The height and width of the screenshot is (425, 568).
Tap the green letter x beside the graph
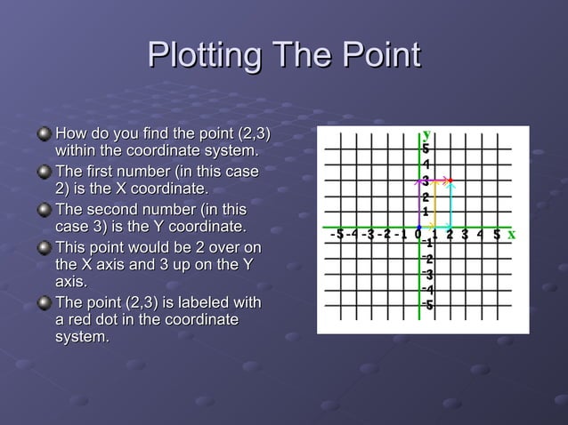click(512, 235)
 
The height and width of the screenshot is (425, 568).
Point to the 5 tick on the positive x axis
click(496, 236)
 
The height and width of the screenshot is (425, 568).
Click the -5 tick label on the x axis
click(338, 235)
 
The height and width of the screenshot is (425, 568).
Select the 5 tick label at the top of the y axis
click(427, 148)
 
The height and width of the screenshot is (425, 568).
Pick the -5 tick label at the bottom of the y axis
click(427, 305)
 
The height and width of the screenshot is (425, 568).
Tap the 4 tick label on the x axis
click(480, 236)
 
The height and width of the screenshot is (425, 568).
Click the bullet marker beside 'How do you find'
click(44, 136)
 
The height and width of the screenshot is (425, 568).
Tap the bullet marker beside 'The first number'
click(44, 172)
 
